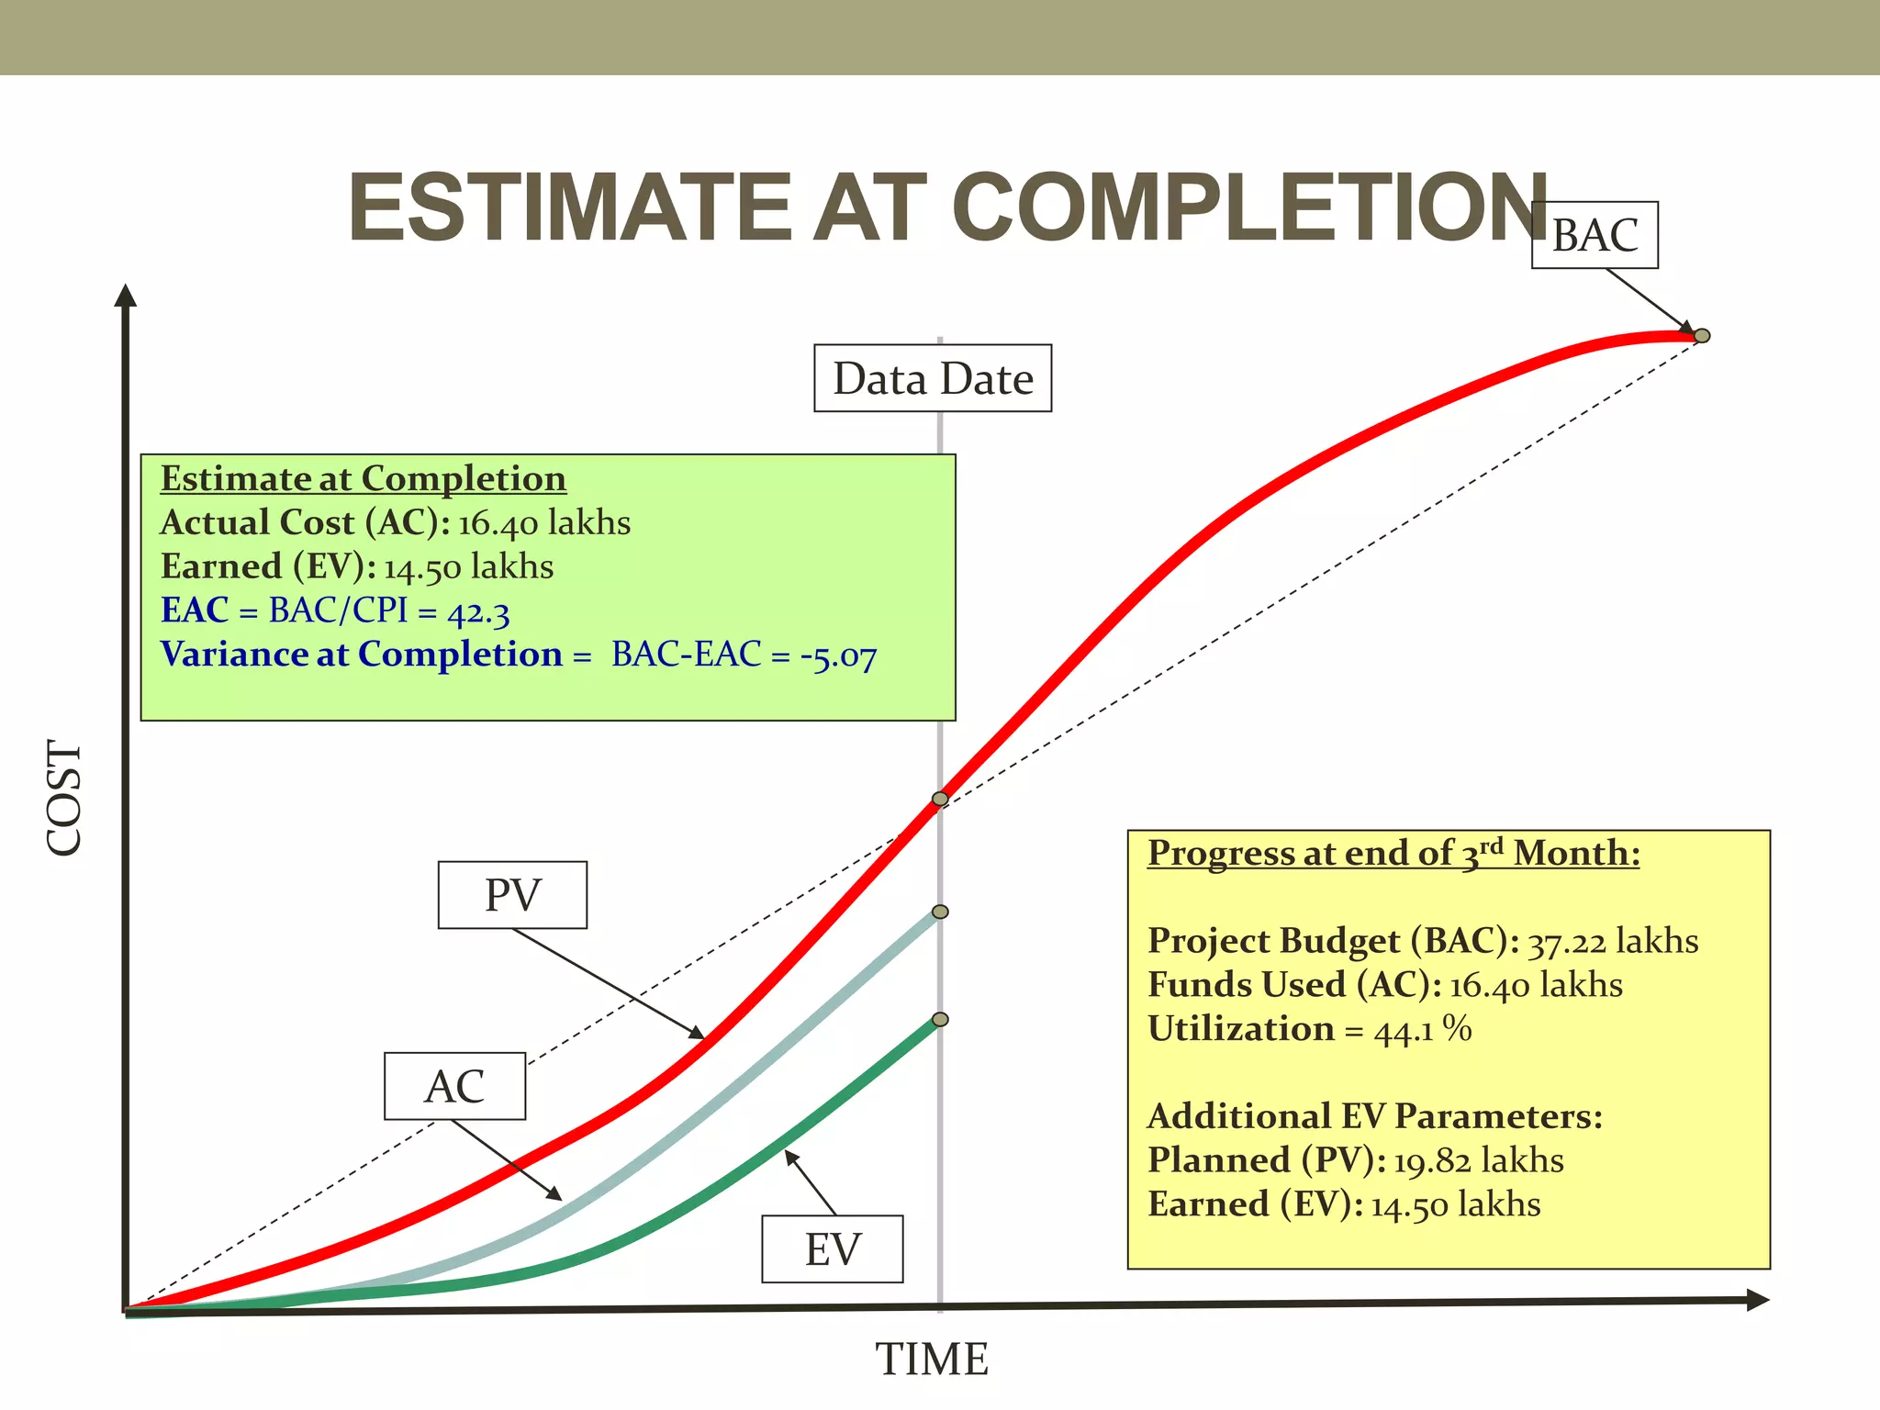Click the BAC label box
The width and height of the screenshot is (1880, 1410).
1595,235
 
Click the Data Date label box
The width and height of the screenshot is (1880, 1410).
933,378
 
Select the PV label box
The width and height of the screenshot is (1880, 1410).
512,895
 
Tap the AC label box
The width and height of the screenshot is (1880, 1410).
454,1086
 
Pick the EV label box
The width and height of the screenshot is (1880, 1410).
833,1249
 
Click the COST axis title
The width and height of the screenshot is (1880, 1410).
65,798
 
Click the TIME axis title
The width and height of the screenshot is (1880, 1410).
932,1360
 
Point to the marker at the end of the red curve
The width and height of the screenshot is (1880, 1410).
1702,336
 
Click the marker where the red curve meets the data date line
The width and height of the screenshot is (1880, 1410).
940,800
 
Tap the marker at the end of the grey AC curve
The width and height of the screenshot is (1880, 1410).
940,912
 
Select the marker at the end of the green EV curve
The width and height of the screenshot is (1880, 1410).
940,1020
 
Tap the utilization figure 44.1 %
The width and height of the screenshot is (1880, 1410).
1423,1030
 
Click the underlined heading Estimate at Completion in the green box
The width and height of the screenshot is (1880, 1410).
363,479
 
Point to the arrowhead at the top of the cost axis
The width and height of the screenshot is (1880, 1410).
126,295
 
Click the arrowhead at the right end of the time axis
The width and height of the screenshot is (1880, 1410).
1757,1300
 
